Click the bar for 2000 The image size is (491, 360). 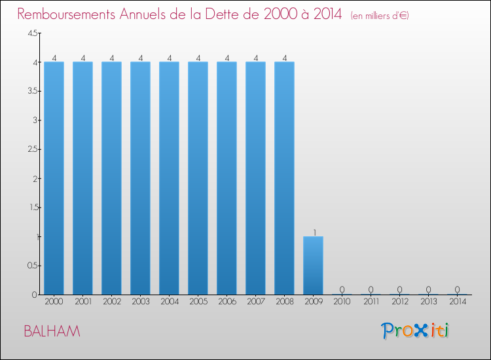click(x=54, y=178)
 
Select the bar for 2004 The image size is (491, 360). click(x=169, y=178)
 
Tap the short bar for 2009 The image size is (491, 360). click(x=313, y=265)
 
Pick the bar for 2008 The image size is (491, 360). click(x=284, y=178)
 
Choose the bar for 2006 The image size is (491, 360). click(x=227, y=178)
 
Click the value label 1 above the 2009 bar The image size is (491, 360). click(x=315, y=232)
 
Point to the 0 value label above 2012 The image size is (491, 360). click(x=399, y=289)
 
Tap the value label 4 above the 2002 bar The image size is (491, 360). click(x=112, y=58)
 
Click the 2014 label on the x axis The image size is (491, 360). click(x=457, y=302)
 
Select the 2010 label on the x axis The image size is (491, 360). click(x=342, y=302)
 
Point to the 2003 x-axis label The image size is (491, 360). click(x=140, y=302)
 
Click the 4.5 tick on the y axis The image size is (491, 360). click(x=33, y=33)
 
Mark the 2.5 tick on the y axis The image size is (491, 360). click(x=33, y=149)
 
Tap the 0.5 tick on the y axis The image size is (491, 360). click(x=33, y=265)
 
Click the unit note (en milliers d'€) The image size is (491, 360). click(x=380, y=15)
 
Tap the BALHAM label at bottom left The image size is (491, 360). click(x=52, y=331)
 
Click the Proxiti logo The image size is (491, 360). click(x=415, y=331)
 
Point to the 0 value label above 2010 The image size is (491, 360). click(x=342, y=289)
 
